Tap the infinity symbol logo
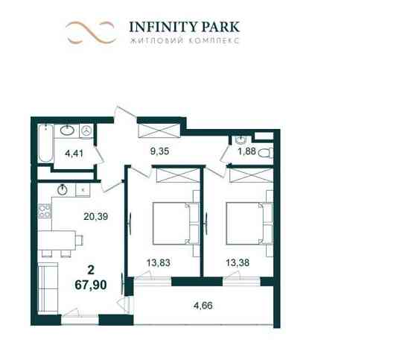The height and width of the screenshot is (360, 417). click(x=90, y=32)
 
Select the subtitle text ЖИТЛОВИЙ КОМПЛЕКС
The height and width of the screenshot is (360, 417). click(x=184, y=42)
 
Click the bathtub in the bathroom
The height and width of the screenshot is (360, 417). click(x=43, y=144)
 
